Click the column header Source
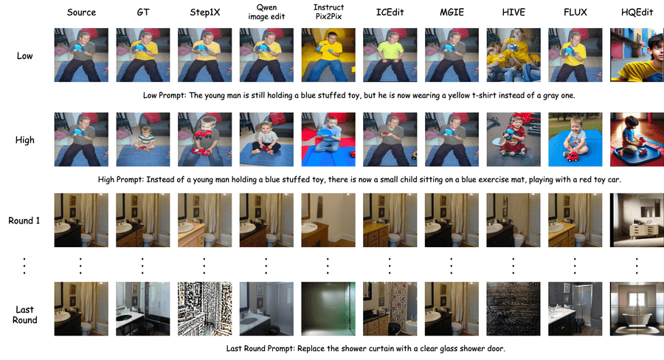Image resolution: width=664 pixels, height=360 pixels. (81, 13)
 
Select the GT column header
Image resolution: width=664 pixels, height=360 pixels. (143, 13)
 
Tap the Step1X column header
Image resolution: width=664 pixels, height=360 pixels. (205, 13)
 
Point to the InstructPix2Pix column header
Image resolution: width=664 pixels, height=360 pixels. (328, 12)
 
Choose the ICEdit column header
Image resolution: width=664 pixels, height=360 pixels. (390, 13)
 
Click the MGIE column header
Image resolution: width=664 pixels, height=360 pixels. (452, 13)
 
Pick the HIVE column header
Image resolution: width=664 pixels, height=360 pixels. (513, 13)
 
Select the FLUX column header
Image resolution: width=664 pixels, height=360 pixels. (575, 13)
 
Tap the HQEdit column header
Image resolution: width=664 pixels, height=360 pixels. (637, 13)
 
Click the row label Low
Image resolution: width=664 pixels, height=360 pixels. (24, 56)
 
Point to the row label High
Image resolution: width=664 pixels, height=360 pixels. (24, 140)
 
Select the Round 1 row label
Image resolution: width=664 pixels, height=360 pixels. (24, 221)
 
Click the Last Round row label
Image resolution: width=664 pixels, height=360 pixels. (24, 315)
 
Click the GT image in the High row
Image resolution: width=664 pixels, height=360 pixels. (143, 139)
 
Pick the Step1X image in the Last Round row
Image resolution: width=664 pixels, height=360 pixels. (205, 309)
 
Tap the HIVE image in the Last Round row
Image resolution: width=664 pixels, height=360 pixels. (513, 309)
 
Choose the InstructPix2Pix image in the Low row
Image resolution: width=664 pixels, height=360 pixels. (328, 55)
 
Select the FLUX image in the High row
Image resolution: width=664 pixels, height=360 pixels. (575, 139)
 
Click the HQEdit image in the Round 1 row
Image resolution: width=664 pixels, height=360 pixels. (637, 221)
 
